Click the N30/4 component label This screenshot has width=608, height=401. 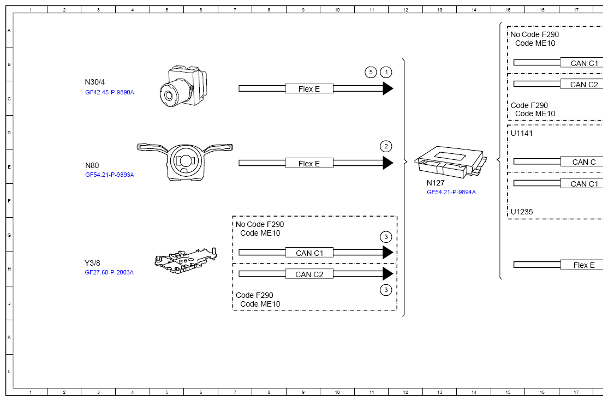click(x=94, y=82)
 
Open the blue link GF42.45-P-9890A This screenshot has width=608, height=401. click(x=109, y=93)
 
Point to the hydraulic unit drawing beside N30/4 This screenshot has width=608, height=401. click(x=183, y=86)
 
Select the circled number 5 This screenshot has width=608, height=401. click(x=371, y=72)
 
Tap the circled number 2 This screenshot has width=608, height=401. click(x=386, y=146)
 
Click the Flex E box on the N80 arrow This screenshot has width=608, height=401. click(x=309, y=164)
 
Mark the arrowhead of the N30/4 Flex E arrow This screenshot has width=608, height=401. click(x=388, y=89)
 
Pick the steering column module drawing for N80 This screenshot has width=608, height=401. click(x=185, y=161)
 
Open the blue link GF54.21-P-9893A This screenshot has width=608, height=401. click(x=109, y=175)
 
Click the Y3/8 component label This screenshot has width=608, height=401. click(x=92, y=263)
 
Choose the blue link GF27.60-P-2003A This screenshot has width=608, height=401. click(x=109, y=272)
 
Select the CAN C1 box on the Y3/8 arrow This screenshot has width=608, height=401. click(x=309, y=253)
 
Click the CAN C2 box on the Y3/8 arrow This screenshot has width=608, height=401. click(x=309, y=274)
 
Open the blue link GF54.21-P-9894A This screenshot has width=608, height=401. click(x=451, y=192)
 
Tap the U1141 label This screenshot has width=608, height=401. click(x=522, y=133)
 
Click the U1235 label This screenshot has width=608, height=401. click(x=522, y=212)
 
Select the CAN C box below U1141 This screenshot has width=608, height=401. click(x=582, y=162)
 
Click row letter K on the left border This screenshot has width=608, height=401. click(x=9, y=337)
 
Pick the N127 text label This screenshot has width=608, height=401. click(x=436, y=183)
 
